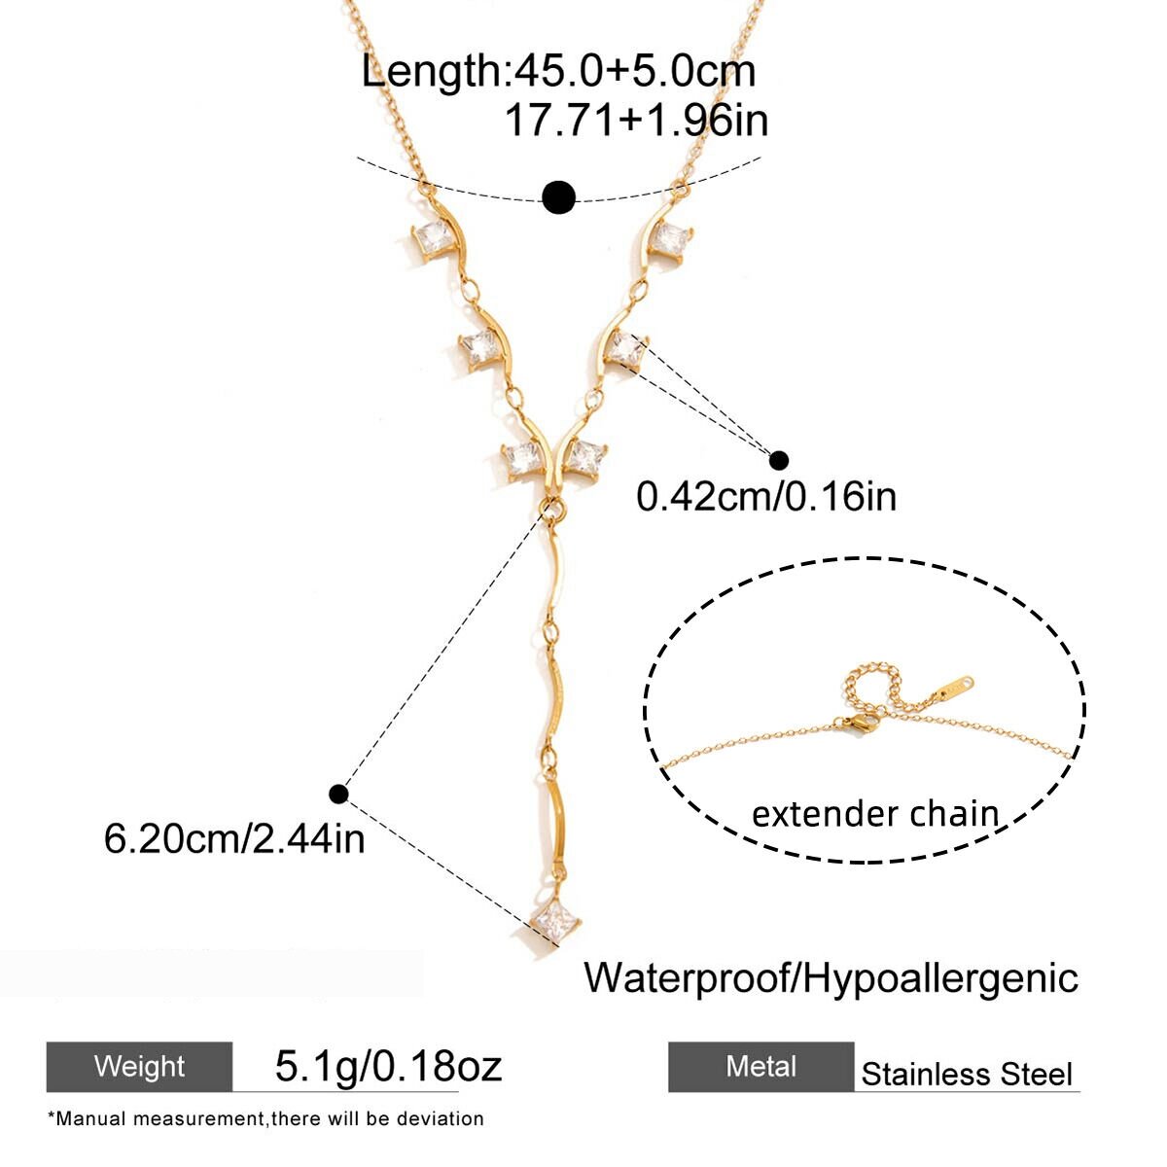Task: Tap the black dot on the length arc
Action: (x=558, y=196)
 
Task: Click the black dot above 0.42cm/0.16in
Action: (x=778, y=460)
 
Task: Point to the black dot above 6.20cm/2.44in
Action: (x=338, y=794)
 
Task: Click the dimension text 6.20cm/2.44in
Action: (x=234, y=839)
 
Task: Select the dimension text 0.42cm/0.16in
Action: (x=765, y=497)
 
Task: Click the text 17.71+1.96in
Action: (x=636, y=120)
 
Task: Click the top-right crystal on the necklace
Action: (x=669, y=240)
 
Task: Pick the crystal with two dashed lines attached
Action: (x=626, y=349)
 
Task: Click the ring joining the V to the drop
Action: (x=552, y=508)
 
